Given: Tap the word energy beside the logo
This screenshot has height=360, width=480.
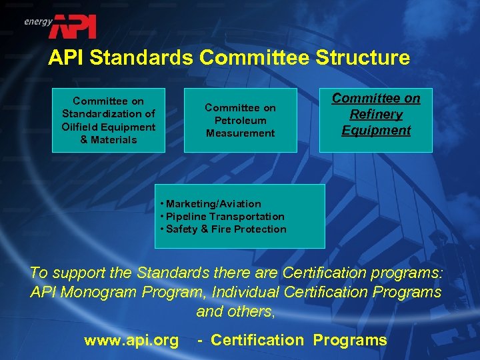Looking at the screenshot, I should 38,21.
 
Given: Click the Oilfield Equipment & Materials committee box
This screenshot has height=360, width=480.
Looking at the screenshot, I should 108,121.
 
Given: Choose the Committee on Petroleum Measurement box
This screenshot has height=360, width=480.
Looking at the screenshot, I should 240,121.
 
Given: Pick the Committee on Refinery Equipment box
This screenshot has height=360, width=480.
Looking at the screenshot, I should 376,120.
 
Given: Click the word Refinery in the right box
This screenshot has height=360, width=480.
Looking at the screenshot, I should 376,115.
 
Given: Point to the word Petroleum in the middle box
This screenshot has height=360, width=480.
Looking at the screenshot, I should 240,121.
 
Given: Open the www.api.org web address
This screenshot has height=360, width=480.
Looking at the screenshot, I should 131,341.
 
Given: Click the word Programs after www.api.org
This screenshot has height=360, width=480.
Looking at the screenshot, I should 349,341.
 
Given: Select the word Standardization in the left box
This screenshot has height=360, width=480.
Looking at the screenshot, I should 108,114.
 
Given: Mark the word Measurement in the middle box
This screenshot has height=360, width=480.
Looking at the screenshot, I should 240,133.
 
